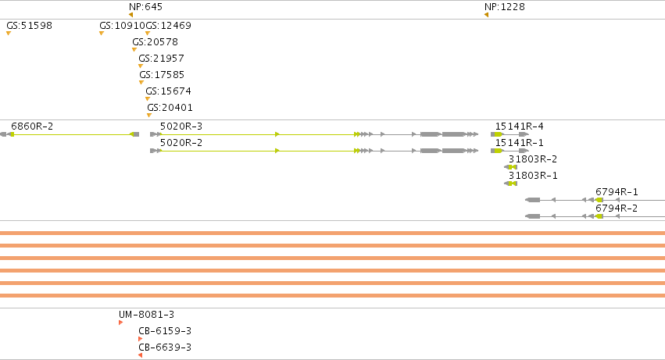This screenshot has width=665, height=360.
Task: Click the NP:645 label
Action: (145, 7)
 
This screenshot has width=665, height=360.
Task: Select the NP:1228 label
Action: (504, 7)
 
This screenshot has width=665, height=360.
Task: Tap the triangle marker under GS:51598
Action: (9, 33)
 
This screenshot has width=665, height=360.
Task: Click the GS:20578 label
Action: (155, 42)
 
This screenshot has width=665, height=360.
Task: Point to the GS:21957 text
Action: (161, 58)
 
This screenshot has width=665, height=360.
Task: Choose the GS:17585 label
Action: (162, 75)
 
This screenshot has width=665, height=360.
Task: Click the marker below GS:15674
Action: (148, 99)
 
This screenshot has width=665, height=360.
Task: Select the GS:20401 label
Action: (170, 108)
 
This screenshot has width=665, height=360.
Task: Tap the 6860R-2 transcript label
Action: (32, 127)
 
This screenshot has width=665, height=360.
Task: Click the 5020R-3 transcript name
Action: (181, 127)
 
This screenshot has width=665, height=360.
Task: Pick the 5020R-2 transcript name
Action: (181, 143)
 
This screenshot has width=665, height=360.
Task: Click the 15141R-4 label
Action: (519, 127)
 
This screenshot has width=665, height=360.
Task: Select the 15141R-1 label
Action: (519, 143)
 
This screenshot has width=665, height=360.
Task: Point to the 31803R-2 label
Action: (533, 159)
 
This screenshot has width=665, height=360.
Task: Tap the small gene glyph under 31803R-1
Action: (510, 184)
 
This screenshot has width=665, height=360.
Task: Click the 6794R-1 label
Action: (617, 192)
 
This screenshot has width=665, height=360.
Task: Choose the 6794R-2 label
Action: (617, 209)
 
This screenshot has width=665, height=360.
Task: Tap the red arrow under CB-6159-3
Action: (141, 339)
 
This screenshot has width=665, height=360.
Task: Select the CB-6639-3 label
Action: (165, 348)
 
